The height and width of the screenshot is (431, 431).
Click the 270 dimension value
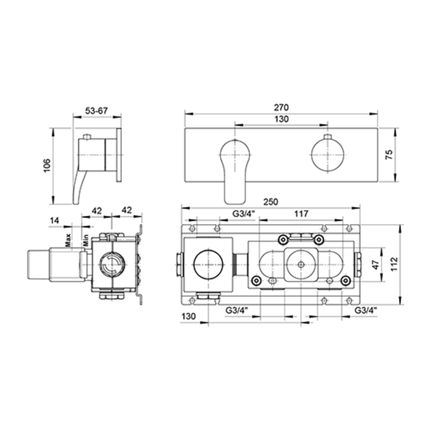coord(281,107)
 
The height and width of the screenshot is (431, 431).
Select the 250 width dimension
coord(271,202)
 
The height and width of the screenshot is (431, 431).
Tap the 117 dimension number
coord(301,214)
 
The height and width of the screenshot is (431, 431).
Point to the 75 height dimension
coord(389,155)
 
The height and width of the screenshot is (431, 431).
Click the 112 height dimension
coord(394,264)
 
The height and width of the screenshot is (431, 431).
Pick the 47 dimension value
coord(376,264)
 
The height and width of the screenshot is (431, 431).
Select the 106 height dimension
coord(47,165)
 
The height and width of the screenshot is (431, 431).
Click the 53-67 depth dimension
coord(97,111)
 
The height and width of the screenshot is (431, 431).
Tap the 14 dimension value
coord(54,220)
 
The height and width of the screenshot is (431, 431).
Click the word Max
coord(68,240)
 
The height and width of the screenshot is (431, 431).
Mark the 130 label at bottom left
coord(188,316)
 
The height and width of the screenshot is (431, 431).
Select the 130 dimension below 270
coord(281,119)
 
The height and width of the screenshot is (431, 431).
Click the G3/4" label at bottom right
coord(365,310)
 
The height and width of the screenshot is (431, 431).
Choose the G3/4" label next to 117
coord(244,214)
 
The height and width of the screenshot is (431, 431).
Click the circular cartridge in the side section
coord(111,265)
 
